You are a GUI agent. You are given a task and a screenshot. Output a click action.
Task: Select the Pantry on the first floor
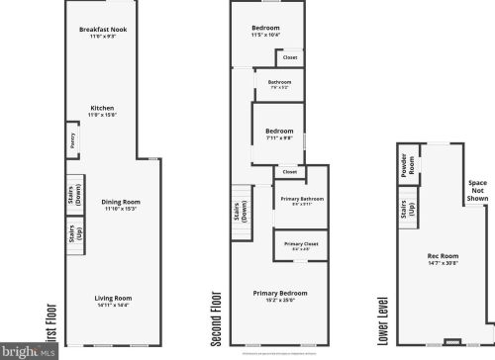pyautogui.click(x=72, y=140)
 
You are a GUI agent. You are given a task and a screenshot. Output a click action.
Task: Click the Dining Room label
pyautogui.click(x=120, y=206)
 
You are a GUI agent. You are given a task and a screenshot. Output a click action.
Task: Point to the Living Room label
pyautogui.click(x=112, y=299)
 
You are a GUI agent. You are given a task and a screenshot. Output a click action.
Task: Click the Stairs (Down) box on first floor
pyautogui.click(x=73, y=194)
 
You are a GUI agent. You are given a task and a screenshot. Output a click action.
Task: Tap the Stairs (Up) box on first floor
pyautogui.click(x=73, y=235)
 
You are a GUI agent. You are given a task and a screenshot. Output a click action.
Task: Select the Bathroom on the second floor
pyautogui.click(x=278, y=84)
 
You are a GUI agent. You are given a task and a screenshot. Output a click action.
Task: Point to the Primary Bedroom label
pyautogui.click(x=280, y=295)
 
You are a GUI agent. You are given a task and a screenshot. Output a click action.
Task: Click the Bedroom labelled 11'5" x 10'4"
pyautogui.click(x=265, y=30)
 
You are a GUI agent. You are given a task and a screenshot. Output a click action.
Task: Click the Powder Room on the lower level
pyautogui.click(x=407, y=165)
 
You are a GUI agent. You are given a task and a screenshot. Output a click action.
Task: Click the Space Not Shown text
pyautogui.click(x=478, y=190)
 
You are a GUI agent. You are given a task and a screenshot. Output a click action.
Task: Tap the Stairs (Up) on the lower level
pyautogui.click(x=406, y=210)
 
